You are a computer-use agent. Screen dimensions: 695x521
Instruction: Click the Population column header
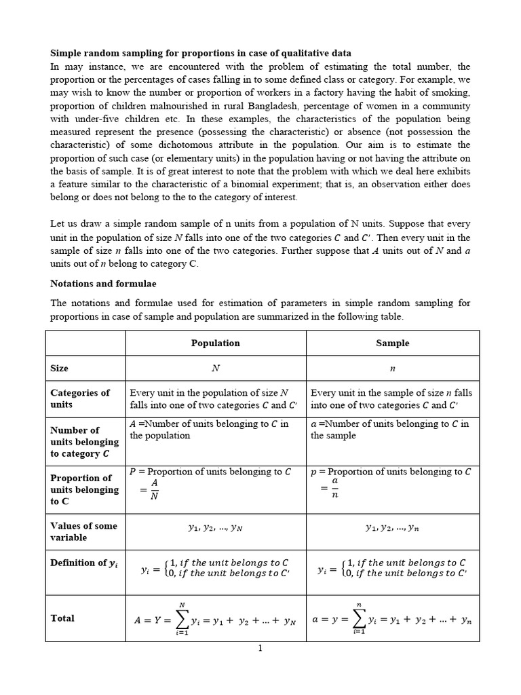click(x=215, y=343)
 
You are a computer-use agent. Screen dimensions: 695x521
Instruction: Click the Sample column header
click(x=393, y=343)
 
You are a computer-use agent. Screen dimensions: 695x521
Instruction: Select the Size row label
click(x=60, y=368)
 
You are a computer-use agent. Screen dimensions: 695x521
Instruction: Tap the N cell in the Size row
click(x=216, y=369)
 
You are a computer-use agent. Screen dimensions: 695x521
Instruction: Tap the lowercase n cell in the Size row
click(x=393, y=369)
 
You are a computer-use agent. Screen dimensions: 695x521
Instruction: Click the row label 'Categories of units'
click(x=79, y=398)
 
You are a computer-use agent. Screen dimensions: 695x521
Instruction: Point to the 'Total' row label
click(x=62, y=618)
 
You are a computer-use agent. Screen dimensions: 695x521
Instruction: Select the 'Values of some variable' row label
click(x=83, y=531)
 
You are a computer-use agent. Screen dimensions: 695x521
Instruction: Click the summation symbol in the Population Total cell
click(x=181, y=619)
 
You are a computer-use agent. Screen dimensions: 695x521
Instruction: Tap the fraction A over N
click(x=154, y=489)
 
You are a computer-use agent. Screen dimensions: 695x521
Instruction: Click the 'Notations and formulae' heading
click(x=102, y=283)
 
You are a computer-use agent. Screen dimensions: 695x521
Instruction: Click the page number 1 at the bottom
click(x=259, y=648)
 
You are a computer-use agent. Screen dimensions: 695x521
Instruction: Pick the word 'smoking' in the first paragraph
click(x=450, y=92)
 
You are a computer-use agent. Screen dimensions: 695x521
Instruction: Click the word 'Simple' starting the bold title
click(x=66, y=53)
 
